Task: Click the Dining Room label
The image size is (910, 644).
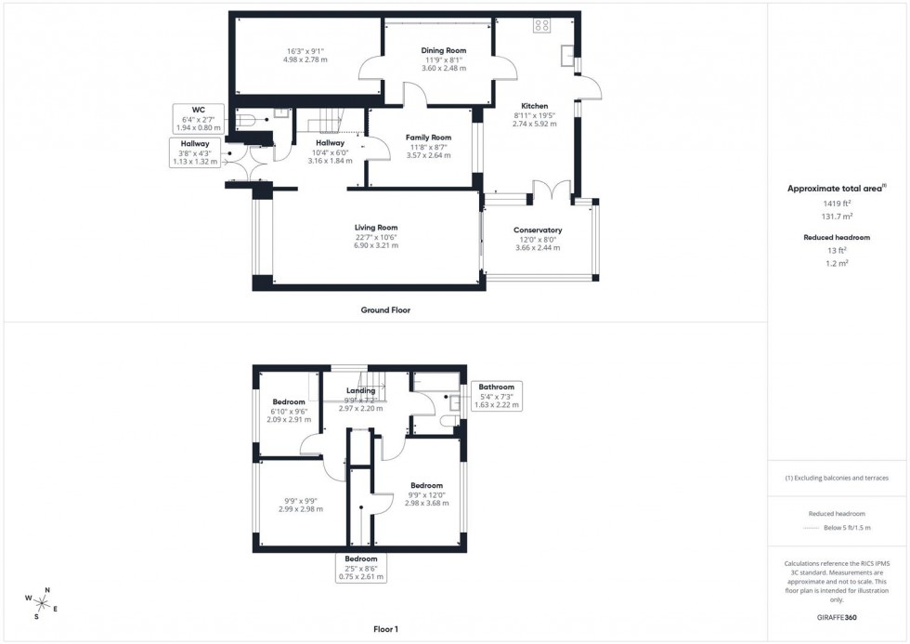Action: [x=443, y=50]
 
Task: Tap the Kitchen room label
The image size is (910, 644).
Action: [x=534, y=106]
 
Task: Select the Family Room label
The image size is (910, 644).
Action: [x=428, y=138]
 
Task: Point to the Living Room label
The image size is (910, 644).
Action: [x=375, y=228]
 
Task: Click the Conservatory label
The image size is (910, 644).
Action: [x=538, y=230]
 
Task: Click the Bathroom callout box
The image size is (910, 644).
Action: [x=497, y=396]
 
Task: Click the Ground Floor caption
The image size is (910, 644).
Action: [x=385, y=310]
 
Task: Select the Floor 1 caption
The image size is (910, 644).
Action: [x=385, y=629]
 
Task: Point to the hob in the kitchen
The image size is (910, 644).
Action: [x=541, y=26]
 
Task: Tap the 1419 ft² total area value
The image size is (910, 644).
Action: [x=836, y=203]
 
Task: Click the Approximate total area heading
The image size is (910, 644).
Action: [x=835, y=189]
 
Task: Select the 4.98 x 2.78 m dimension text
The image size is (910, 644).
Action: [x=306, y=59]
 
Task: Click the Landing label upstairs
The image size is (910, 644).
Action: [x=360, y=391]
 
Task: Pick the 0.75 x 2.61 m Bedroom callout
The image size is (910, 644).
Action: [x=360, y=568]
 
